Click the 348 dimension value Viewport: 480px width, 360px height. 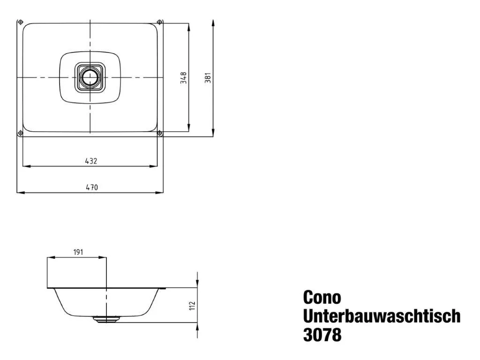tap(184, 77)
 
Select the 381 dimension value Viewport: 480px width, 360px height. tap(208, 77)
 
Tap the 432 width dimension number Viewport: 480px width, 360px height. tap(91, 161)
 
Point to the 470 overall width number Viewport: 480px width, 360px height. tap(91, 187)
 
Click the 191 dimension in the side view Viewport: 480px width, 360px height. tap(78, 252)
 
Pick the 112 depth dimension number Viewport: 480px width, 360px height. tap(192, 305)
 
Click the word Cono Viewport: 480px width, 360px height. tap(322, 297)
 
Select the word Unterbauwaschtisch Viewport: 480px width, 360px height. tap(382, 316)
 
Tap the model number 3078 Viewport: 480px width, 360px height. tap(322, 335)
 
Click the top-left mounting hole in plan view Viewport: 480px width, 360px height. tap(20, 22)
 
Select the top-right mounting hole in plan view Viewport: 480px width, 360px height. tap(160, 22)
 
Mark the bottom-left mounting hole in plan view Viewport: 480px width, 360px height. tap(20, 134)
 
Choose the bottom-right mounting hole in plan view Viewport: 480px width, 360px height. tap(160, 134)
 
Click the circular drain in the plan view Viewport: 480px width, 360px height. tap(89, 77)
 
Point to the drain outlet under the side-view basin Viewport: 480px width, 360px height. tap(107, 320)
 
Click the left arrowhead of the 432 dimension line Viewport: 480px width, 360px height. tap(25, 166)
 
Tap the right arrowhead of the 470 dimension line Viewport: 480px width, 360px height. tap(160, 192)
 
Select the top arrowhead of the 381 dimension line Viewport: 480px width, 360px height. tap(213, 22)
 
